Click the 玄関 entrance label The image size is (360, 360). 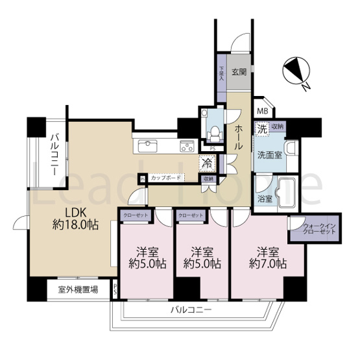coord(238,73)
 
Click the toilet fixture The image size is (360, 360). coord(211,128)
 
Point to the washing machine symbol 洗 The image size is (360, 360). coord(262,128)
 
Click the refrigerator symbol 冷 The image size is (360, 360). coord(206,163)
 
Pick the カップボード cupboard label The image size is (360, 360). coord(166,178)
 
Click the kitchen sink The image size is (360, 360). coord(148,144)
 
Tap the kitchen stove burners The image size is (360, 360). coord(186,145)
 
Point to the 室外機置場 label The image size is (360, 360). coord(78,290)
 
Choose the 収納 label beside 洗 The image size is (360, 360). coord(277,127)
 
